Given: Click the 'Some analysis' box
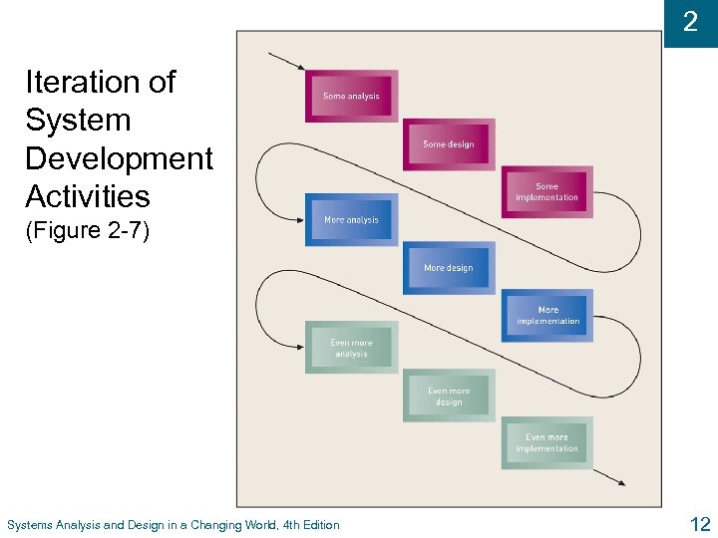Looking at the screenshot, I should pyautogui.click(x=351, y=96).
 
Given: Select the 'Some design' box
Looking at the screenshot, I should pyautogui.click(x=449, y=144).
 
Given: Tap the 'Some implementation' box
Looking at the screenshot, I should pyautogui.click(x=546, y=192).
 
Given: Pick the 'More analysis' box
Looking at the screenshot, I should pyautogui.click(x=351, y=219).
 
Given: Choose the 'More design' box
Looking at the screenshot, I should pyautogui.click(x=449, y=268).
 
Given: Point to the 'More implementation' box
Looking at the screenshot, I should pyautogui.click(x=547, y=316).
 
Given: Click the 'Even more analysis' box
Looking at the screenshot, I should pyautogui.click(x=351, y=348).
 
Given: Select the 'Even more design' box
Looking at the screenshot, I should pyautogui.click(x=449, y=397).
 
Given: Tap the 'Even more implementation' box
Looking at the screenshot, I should pyautogui.click(x=546, y=442).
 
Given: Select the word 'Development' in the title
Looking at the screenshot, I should pyautogui.click(x=119, y=158).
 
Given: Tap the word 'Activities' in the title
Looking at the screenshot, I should pyautogui.click(x=88, y=196).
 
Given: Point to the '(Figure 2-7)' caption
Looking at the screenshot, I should pyautogui.click(x=88, y=231).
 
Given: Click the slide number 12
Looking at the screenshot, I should pyautogui.click(x=699, y=523).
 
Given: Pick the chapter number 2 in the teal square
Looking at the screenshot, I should pyautogui.click(x=690, y=22).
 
